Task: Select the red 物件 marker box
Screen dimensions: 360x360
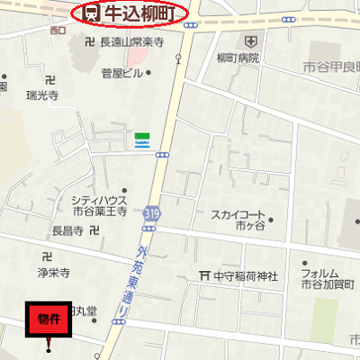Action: coord(49,319)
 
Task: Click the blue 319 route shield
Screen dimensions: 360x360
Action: coord(150,213)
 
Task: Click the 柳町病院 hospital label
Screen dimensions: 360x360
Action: coord(238,58)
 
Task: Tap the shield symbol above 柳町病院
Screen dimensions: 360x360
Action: coord(249,41)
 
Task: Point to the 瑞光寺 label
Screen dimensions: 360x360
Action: coord(42,94)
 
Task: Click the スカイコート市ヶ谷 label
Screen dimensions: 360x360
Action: coord(238,220)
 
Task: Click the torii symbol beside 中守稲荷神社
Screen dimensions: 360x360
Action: coord(205,275)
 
